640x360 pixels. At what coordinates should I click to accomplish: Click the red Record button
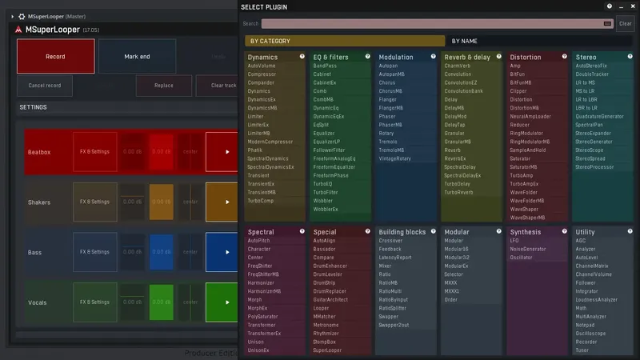click(55, 57)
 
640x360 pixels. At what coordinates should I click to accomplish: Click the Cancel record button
click(45, 85)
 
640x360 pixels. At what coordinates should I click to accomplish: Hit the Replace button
click(163, 85)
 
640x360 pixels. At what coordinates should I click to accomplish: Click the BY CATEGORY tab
click(270, 41)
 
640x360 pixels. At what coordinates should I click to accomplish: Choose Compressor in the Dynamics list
click(262, 74)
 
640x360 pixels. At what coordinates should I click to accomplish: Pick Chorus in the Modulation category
click(387, 82)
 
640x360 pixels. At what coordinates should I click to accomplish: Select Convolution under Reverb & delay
click(458, 74)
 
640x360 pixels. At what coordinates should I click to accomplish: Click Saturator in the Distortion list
click(521, 158)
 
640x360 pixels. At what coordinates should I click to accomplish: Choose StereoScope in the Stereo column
click(590, 150)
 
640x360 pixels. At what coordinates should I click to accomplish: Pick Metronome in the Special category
click(326, 325)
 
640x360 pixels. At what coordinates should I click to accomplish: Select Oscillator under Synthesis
click(521, 258)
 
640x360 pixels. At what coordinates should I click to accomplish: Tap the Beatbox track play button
click(222, 151)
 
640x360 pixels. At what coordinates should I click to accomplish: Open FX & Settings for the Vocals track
click(94, 302)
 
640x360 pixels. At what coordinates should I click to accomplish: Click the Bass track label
click(35, 253)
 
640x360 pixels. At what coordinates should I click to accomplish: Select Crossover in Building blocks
click(390, 241)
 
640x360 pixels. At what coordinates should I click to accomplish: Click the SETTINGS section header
click(34, 107)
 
